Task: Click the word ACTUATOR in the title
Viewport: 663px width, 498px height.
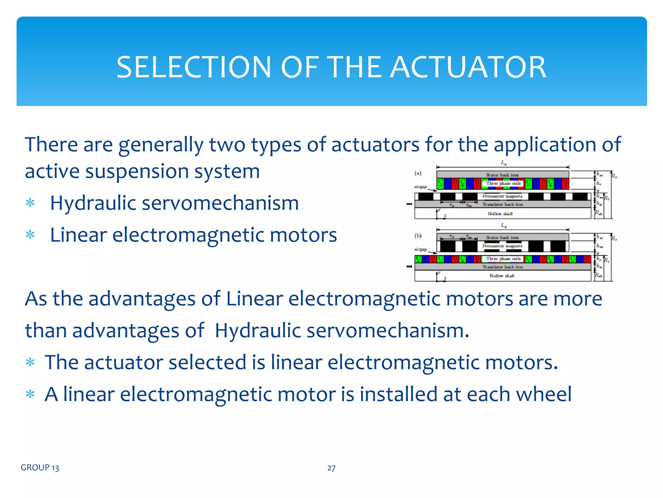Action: pos(468,67)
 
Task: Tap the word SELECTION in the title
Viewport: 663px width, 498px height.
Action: pos(194,67)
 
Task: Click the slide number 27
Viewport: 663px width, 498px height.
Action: pos(331,468)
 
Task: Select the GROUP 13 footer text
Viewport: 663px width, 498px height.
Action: pos(40,468)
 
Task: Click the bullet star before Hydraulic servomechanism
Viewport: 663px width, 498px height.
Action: pos(30,203)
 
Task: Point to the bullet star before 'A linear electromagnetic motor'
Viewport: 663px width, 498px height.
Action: pos(30,395)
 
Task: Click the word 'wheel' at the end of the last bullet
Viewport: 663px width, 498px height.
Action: pos(544,394)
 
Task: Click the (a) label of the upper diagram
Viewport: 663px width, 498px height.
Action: pos(418,173)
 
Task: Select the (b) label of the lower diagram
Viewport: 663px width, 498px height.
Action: pos(418,236)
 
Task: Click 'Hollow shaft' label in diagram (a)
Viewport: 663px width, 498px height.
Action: pos(500,214)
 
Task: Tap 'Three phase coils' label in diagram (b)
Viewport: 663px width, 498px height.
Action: pos(503,259)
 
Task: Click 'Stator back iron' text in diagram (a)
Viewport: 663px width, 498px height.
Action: pos(502,175)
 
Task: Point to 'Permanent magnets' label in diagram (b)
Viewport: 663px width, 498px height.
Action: pos(502,246)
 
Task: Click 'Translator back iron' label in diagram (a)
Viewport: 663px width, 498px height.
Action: pos(502,204)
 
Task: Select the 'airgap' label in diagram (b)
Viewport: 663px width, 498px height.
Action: pos(421,249)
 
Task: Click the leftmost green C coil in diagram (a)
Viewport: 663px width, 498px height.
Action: pos(440,184)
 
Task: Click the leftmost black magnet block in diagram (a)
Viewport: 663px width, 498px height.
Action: pos(425,196)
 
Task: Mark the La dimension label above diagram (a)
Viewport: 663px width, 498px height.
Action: pos(504,163)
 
